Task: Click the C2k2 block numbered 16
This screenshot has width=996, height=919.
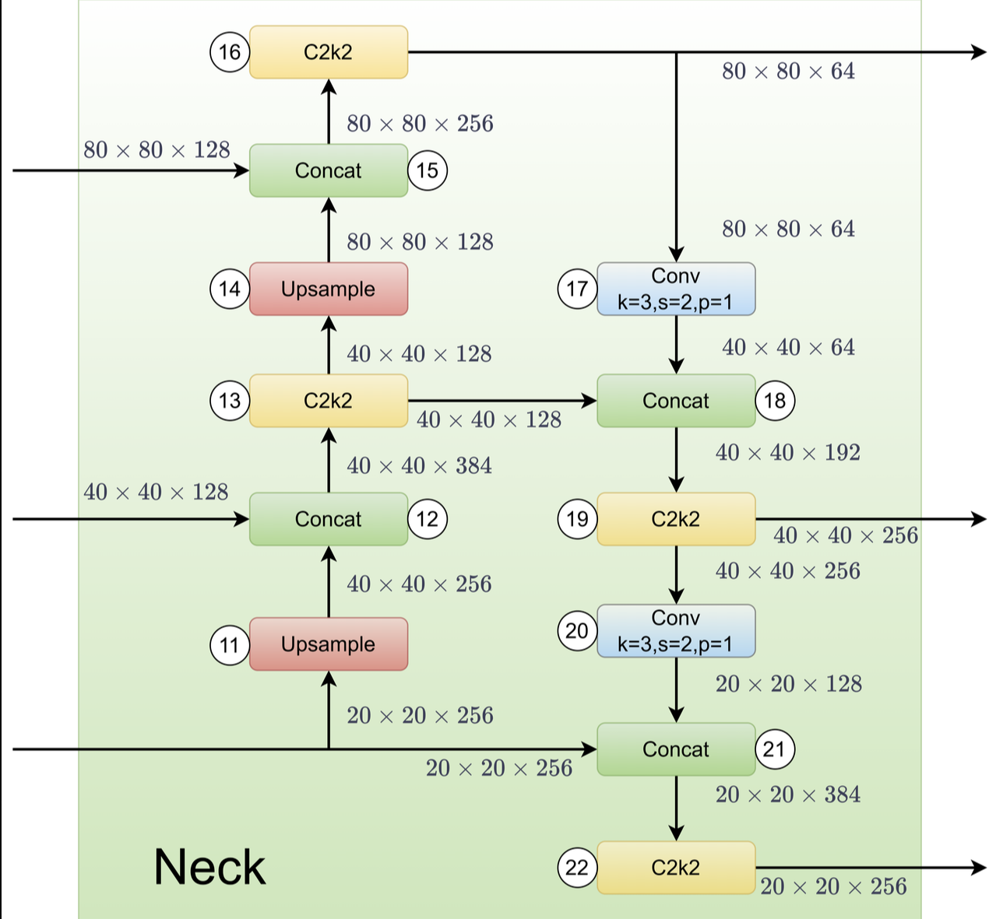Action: tap(328, 52)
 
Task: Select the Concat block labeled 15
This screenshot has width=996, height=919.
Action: tap(328, 170)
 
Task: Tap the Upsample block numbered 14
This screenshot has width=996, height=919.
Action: tap(328, 289)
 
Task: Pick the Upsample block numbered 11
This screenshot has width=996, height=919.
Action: tap(328, 644)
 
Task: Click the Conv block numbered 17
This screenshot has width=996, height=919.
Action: tap(676, 289)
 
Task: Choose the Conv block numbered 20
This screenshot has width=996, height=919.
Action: tap(676, 631)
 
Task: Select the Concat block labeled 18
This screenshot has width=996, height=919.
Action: tap(676, 401)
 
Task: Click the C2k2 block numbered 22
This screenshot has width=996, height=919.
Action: tap(676, 868)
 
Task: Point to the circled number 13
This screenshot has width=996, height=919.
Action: tap(230, 401)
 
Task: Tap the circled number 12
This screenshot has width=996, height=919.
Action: tap(428, 519)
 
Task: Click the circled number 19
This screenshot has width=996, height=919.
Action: tap(577, 519)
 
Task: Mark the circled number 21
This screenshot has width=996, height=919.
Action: tap(774, 749)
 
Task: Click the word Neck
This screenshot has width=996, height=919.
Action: tap(209, 867)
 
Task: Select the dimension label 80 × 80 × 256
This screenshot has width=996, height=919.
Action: tap(420, 124)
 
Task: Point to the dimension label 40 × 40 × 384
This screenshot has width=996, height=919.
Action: tap(419, 466)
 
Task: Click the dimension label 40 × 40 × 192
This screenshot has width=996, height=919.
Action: tap(787, 453)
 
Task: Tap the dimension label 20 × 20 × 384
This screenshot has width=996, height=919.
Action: tap(787, 794)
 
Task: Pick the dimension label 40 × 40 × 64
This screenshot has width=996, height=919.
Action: tap(787, 347)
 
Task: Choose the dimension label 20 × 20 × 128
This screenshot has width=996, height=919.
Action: tap(788, 684)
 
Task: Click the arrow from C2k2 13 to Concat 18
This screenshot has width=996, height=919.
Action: tap(502, 401)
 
